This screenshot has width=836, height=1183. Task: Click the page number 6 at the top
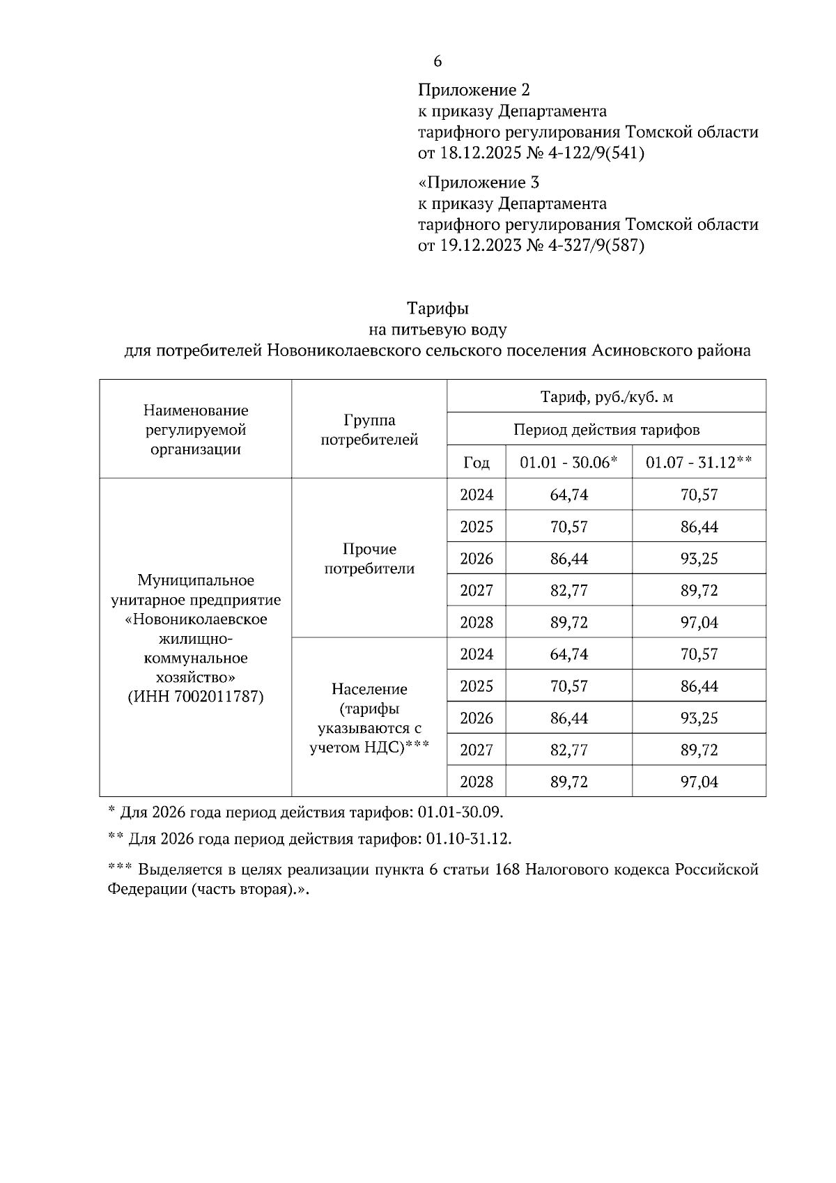click(x=438, y=62)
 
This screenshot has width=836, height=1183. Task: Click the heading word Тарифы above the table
click(x=438, y=308)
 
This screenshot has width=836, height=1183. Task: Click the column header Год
click(x=476, y=463)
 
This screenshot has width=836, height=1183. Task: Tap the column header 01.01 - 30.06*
click(x=568, y=463)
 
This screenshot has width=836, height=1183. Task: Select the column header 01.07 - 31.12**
click(x=698, y=463)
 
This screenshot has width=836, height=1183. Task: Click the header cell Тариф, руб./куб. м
click(x=606, y=398)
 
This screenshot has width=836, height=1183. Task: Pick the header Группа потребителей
click(x=369, y=430)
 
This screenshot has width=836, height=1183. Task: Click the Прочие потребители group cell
click(x=369, y=559)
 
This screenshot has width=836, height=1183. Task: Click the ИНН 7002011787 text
click(x=196, y=697)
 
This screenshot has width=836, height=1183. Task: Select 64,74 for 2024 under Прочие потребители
click(x=568, y=495)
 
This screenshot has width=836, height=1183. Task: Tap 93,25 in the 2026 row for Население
click(x=698, y=718)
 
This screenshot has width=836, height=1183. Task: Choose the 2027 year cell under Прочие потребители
click(x=476, y=591)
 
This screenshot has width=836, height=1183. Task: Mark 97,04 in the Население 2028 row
click(x=698, y=782)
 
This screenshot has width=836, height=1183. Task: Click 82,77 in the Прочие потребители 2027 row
click(x=568, y=591)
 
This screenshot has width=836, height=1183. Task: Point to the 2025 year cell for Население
click(x=476, y=686)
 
